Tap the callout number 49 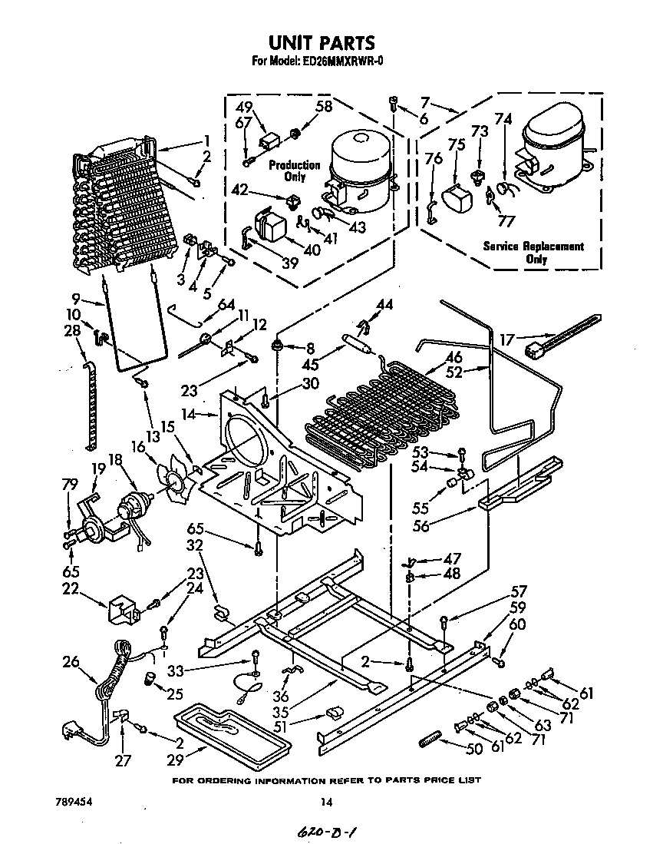[243, 107]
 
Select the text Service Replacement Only [533, 252]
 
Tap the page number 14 [327, 803]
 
